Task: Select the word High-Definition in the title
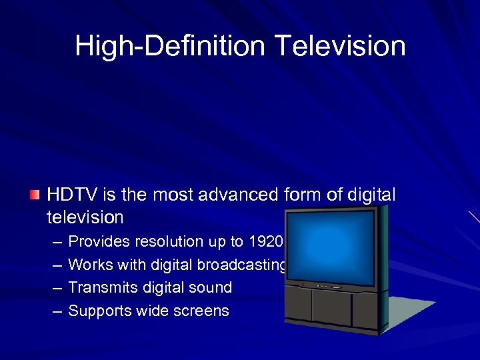(x=171, y=46)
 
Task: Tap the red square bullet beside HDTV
(x=35, y=195)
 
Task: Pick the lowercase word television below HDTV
(x=85, y=217)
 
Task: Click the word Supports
(x=98, y=311)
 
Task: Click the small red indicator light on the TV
(x=302, y=285)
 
